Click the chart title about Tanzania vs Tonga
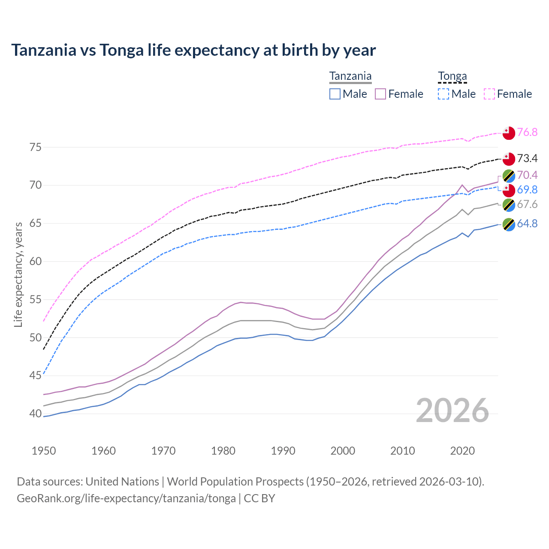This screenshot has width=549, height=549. tap(193, 50)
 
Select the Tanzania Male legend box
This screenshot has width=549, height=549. tap(335, 94)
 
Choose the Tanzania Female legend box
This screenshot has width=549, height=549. tap(380, 94)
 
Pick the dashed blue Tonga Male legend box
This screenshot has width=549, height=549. tap(443, 94)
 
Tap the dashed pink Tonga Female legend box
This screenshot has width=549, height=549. tap(489, 94)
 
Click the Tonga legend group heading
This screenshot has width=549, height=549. tap(452, 76)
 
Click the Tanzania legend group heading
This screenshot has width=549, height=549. tap(350, 76)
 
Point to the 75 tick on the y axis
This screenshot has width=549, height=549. tap(36, 148)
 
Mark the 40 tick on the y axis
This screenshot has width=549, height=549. tap(36, 414)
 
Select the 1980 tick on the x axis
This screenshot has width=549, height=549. tap(223, 451)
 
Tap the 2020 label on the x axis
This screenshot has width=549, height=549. tap(462, 451)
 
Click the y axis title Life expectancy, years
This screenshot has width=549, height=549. tap(18, 274)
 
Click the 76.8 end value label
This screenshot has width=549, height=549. tap(527, 132)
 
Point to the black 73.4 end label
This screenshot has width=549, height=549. tap(527, 159)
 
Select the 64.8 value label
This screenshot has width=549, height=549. tap(527, 223)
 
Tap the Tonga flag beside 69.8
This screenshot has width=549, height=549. tap(509, 190)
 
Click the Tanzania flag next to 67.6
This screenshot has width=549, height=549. tap(509, 205)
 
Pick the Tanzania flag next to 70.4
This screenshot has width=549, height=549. tap(509, 175)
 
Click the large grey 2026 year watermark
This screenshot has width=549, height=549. tap(452, 410)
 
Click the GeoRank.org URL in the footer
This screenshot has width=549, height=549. tap(126, 498)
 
